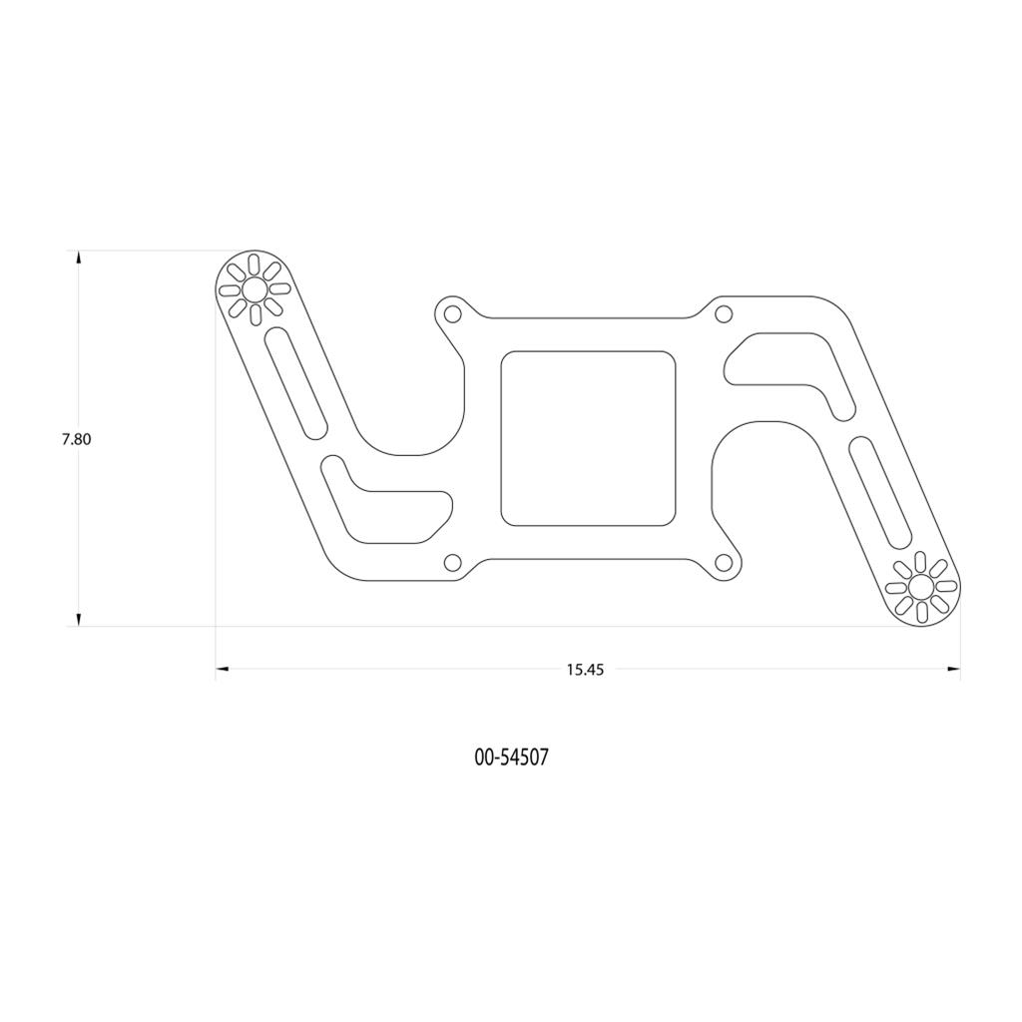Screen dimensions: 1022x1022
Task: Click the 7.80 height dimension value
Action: pyautogui.click(x=76, y=439)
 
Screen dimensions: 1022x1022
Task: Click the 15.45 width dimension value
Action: pyautogui.click(x=586, y=670)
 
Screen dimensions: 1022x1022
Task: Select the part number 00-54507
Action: pyautogui.click(x=511, y=758)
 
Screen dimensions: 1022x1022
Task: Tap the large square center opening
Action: pyautogui.click(x=588, y=438)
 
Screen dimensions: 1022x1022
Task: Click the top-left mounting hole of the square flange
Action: pyautogui.click(x=452, y=315)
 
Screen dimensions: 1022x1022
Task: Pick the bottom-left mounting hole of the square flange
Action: pyautogui.click(x=452, y=562)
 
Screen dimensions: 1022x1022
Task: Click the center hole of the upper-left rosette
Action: pyautogui.click(x=255, y=289)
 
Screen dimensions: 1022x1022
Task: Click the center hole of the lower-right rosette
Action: pyautogui.click(x=920, y=587)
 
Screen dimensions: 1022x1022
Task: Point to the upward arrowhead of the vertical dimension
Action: pyautogui.click(x=79, y=258)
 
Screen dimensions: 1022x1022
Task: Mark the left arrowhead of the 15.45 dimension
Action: pyautogui.click(x=223, y=669)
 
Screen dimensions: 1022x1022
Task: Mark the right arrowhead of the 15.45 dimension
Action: pyautogui.click(x=953, y=669)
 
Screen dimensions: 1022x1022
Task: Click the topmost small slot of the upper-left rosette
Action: pyautogui.click(x=255, y=264)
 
